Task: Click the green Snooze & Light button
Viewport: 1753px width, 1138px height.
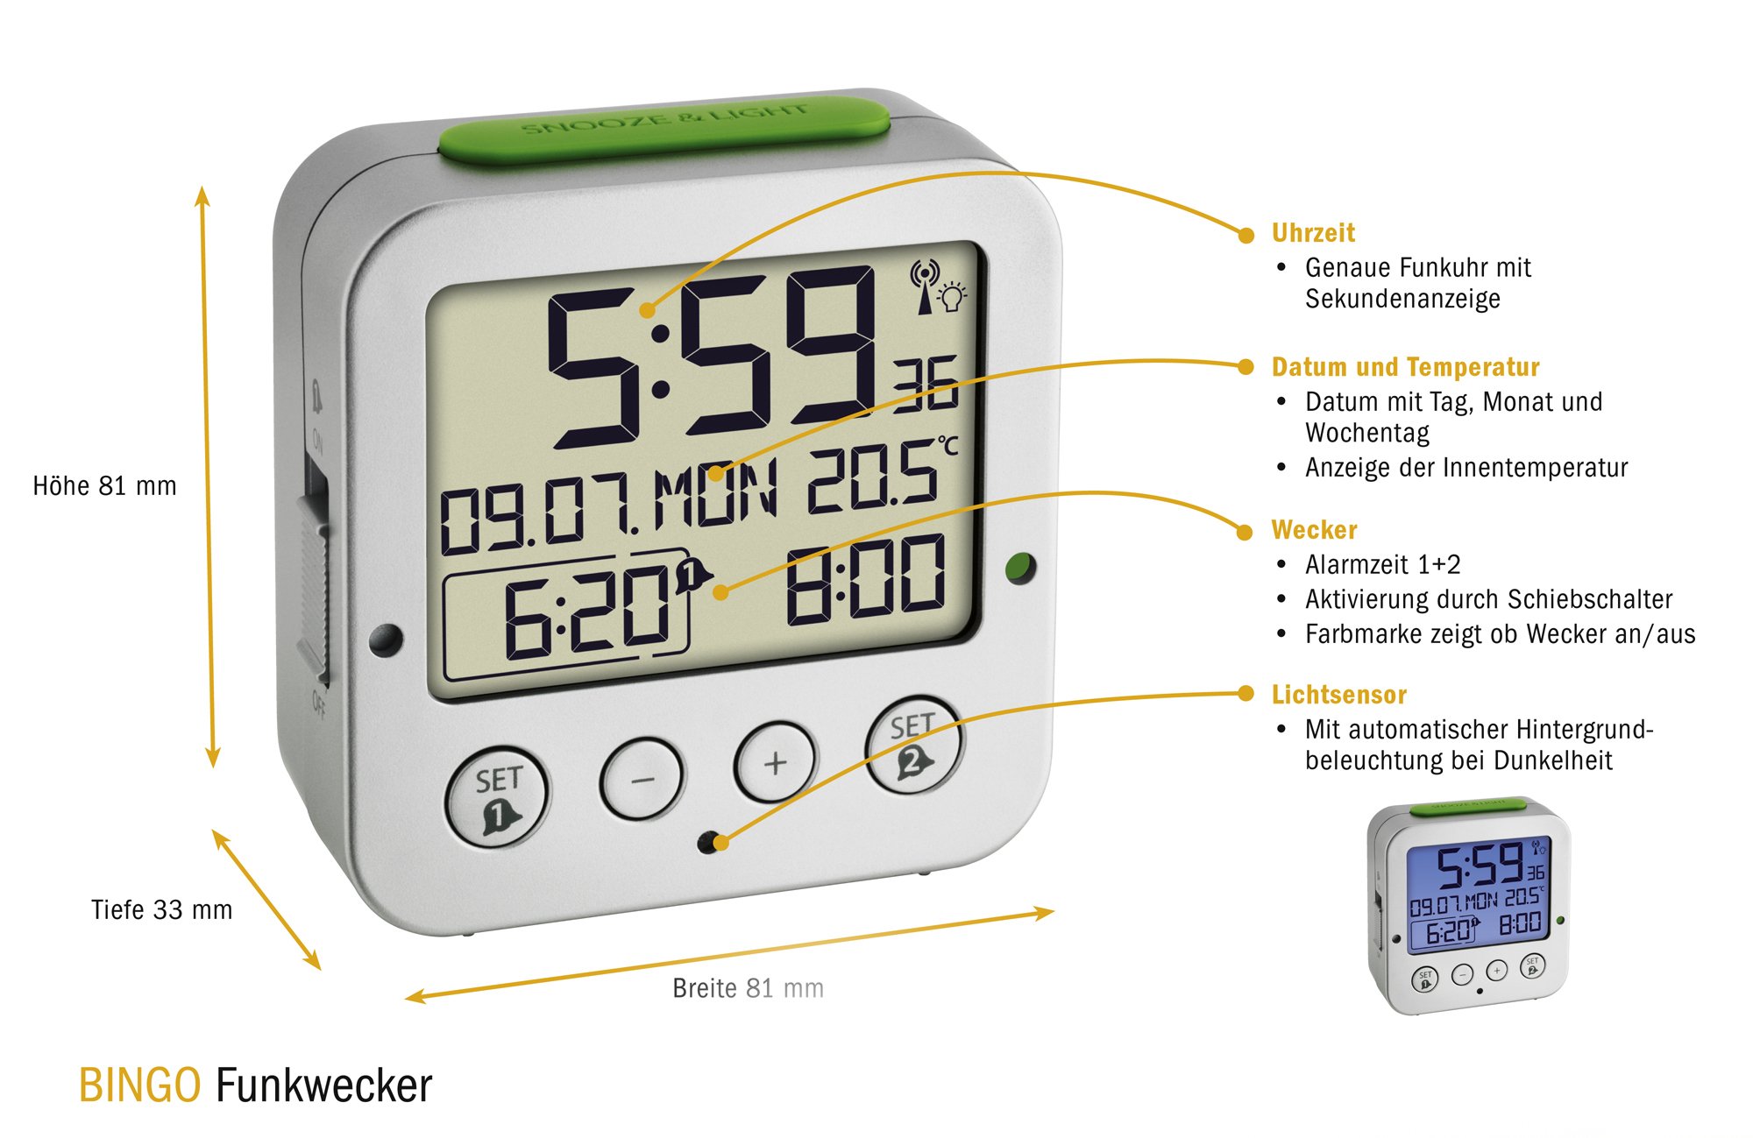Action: click(x=664, y=130)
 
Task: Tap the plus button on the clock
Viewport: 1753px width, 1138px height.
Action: click(x=775, y=762)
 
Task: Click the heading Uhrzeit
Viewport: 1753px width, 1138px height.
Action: click(x=1313, y=233)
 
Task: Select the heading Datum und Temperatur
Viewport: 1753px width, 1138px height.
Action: click(x=1405, y=367)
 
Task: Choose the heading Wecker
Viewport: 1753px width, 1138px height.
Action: click(x=1314, y=530)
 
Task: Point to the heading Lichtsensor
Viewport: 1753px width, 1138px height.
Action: click(x=1338, y=695)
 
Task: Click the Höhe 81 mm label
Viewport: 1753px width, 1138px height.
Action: click(x=104, y=485)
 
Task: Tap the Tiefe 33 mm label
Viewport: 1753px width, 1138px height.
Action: click(x=161, y=909)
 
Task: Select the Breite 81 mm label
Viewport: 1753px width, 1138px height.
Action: click(x=748, y=988)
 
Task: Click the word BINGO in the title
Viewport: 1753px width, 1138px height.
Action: click(x=139, y=1085)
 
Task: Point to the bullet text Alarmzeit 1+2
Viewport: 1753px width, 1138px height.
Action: click(x=1382, y=565)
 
